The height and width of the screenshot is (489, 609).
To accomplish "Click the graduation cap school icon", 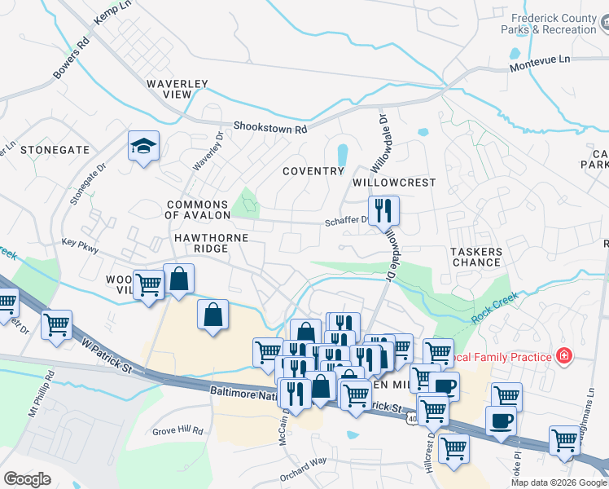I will click(x=143, y=147).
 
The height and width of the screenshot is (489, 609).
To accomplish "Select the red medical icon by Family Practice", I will click(x=562, y=355).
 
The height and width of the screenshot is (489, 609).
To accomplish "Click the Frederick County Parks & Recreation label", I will click(x=553, y=23).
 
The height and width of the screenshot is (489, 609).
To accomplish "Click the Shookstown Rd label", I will click(x=269, y=128).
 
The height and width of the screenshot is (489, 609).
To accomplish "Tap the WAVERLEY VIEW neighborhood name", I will click(x=177, y=89).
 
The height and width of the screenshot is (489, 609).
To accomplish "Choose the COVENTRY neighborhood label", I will click(x=313, y=171).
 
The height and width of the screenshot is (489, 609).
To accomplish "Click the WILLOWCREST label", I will click(x=394, y=183).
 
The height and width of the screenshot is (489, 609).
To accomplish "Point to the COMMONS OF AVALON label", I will click(x=196, y=209).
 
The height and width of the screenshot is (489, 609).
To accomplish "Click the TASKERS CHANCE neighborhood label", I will click(x=475, y=257).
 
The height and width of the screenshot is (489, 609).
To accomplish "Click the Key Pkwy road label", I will click(x=80, y=243).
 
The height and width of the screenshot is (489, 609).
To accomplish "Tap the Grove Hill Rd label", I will click(x=177, y=429).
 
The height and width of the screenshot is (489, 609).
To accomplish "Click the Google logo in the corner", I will click(x=28, y=479).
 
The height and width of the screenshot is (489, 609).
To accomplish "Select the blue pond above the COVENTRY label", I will click(x=342, y=153).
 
